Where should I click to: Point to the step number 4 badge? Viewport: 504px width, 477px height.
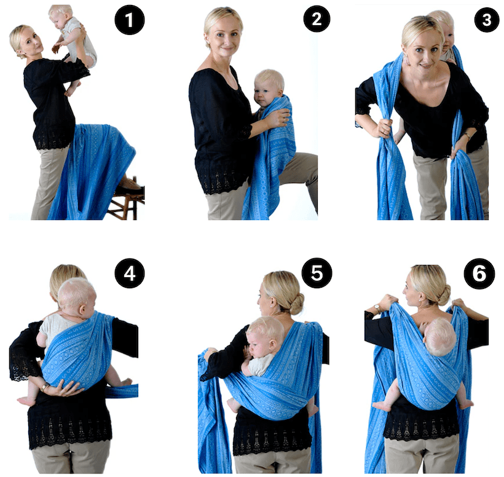(x=129, y=274)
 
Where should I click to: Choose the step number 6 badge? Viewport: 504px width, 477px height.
(x=479, y=274)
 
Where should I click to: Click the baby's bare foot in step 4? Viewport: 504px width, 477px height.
(x=25, y=401)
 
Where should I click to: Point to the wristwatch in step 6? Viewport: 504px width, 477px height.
(x=377, y=308)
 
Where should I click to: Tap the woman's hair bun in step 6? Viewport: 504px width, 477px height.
(x=443, y=294)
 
